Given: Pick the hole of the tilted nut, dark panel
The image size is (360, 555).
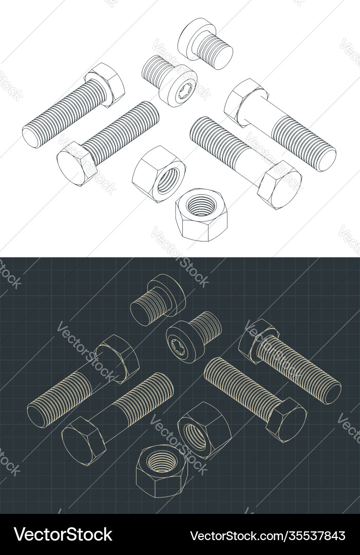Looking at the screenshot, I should (194, 434).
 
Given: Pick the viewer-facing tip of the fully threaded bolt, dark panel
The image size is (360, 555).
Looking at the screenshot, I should (332, 393).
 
